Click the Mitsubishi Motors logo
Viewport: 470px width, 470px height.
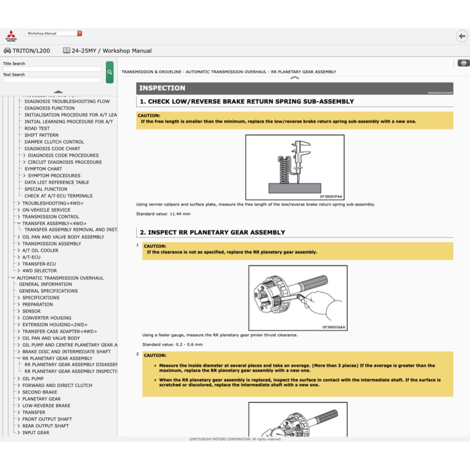[10, 36]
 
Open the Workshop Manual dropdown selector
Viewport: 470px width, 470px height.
[54, 34]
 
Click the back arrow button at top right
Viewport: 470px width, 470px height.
[461, 36]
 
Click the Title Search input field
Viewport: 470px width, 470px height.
[52, 69]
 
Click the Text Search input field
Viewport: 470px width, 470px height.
[52, 80]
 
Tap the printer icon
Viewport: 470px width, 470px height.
[463, 63]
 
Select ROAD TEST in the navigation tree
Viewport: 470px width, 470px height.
[37, 129]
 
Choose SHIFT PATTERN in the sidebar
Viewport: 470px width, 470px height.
[41, 135]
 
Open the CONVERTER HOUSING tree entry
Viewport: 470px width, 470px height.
[47, 318]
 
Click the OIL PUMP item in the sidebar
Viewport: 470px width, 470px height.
[33, 379]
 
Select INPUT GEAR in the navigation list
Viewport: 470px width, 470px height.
[36, 432]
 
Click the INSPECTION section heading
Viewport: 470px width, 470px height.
[162, 88]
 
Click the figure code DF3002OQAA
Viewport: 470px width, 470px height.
[334, 327]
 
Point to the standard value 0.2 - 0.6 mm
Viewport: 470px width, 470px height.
[172, 344]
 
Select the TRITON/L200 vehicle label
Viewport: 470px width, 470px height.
[31, 51]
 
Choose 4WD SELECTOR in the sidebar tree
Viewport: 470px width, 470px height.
[39, 271]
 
